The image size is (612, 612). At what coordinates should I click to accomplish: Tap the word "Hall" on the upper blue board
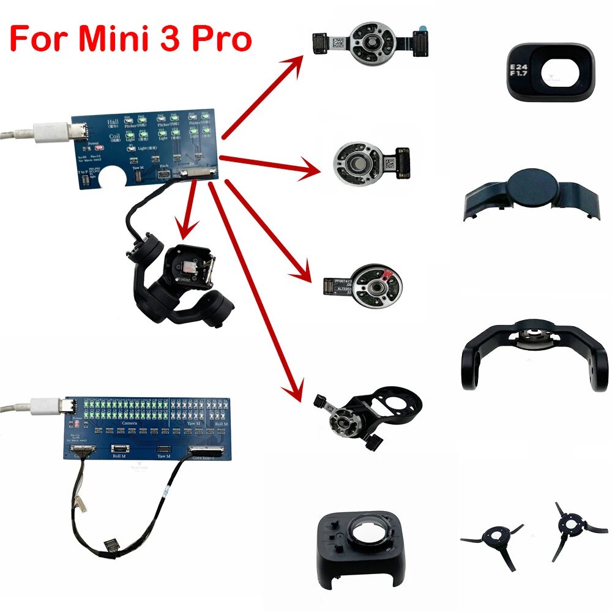pyautogui.click(x=113, y=124)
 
